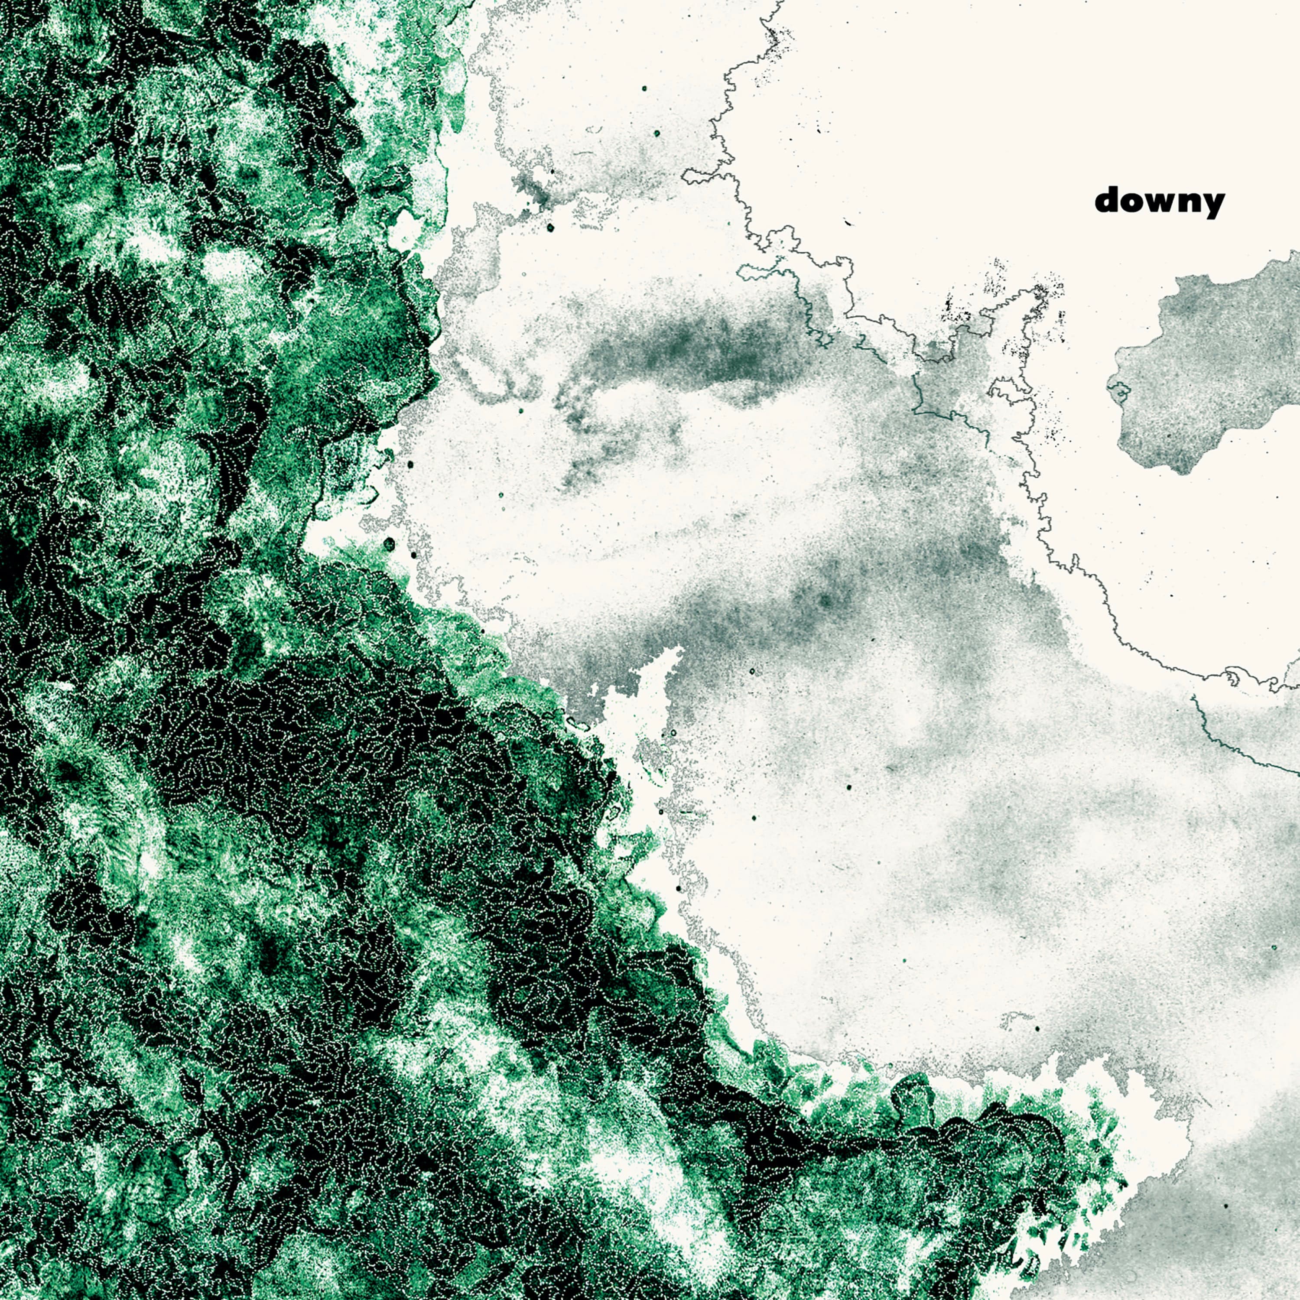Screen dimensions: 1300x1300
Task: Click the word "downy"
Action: (1159, 201)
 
